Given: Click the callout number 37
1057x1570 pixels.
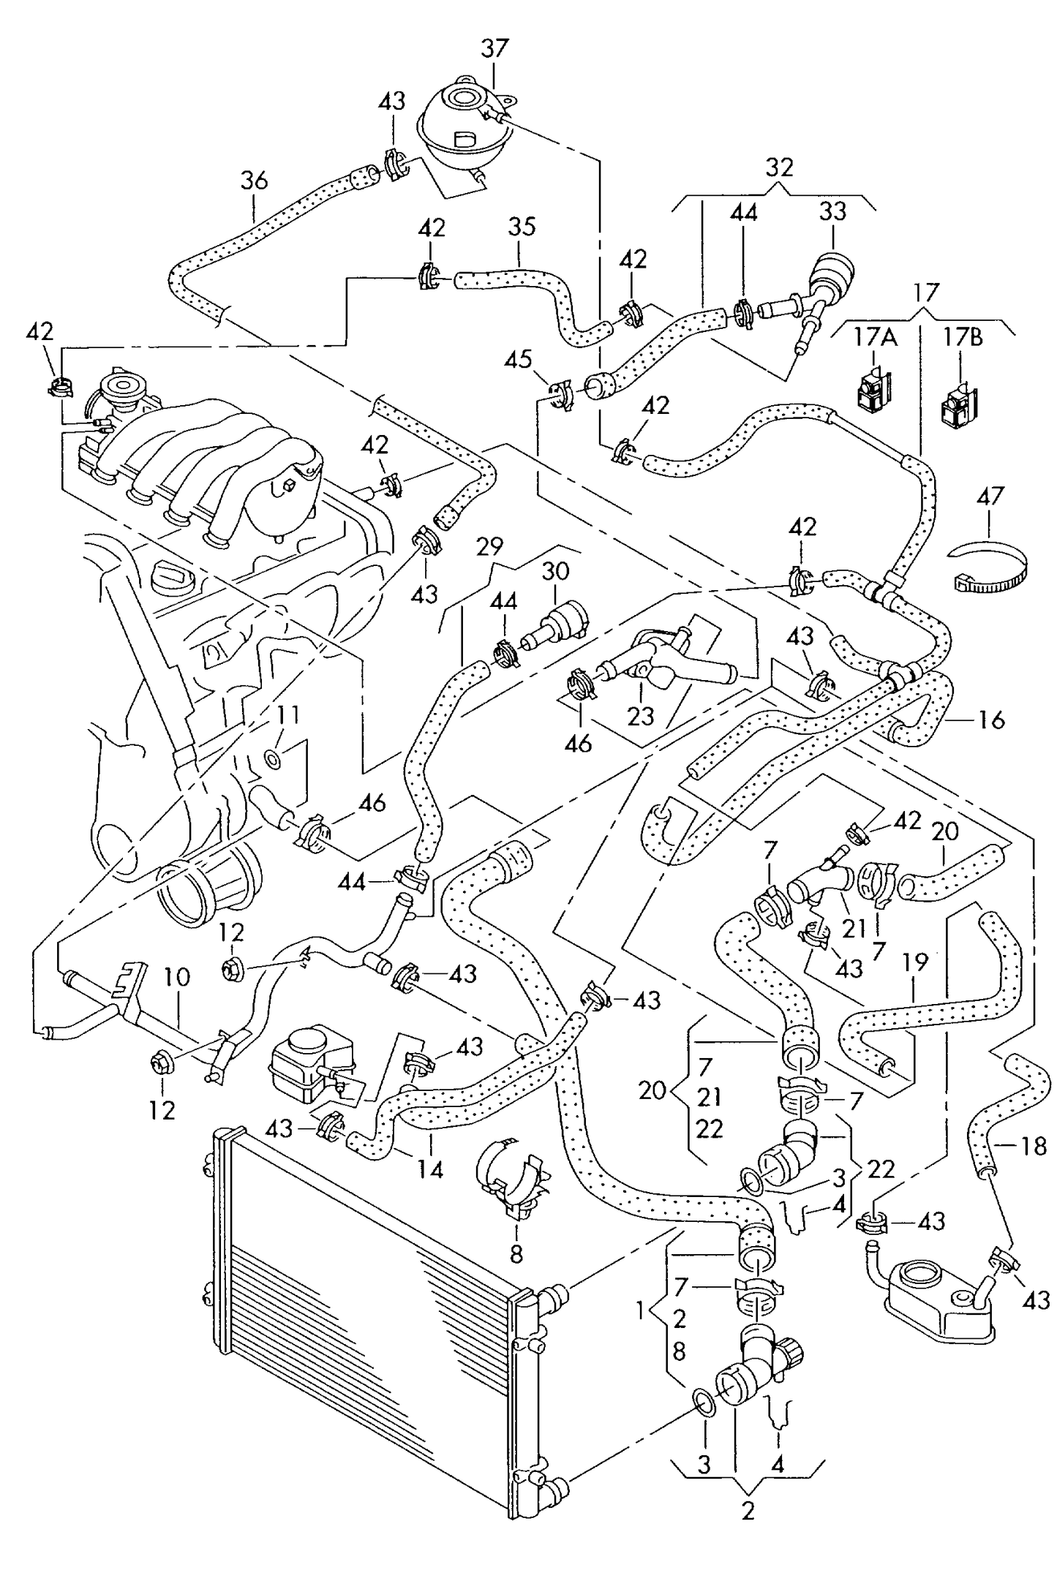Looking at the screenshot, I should pos(494,49).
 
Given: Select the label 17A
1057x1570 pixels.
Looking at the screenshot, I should pos(874,337).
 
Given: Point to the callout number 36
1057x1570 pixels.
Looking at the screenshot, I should pos(254,181).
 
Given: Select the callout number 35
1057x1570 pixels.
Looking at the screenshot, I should pos(522,227).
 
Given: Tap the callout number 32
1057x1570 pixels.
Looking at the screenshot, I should pos(779,167).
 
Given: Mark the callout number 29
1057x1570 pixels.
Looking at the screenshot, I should pos(489,546).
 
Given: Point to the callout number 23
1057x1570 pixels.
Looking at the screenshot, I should pos(641,715).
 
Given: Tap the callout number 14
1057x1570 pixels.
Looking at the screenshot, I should pos(430,1169).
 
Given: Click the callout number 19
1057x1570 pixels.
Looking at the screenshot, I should pos(914,962).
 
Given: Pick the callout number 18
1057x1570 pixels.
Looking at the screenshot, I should pos(1033,1146).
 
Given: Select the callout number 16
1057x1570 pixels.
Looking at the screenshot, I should pos(991,720).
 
